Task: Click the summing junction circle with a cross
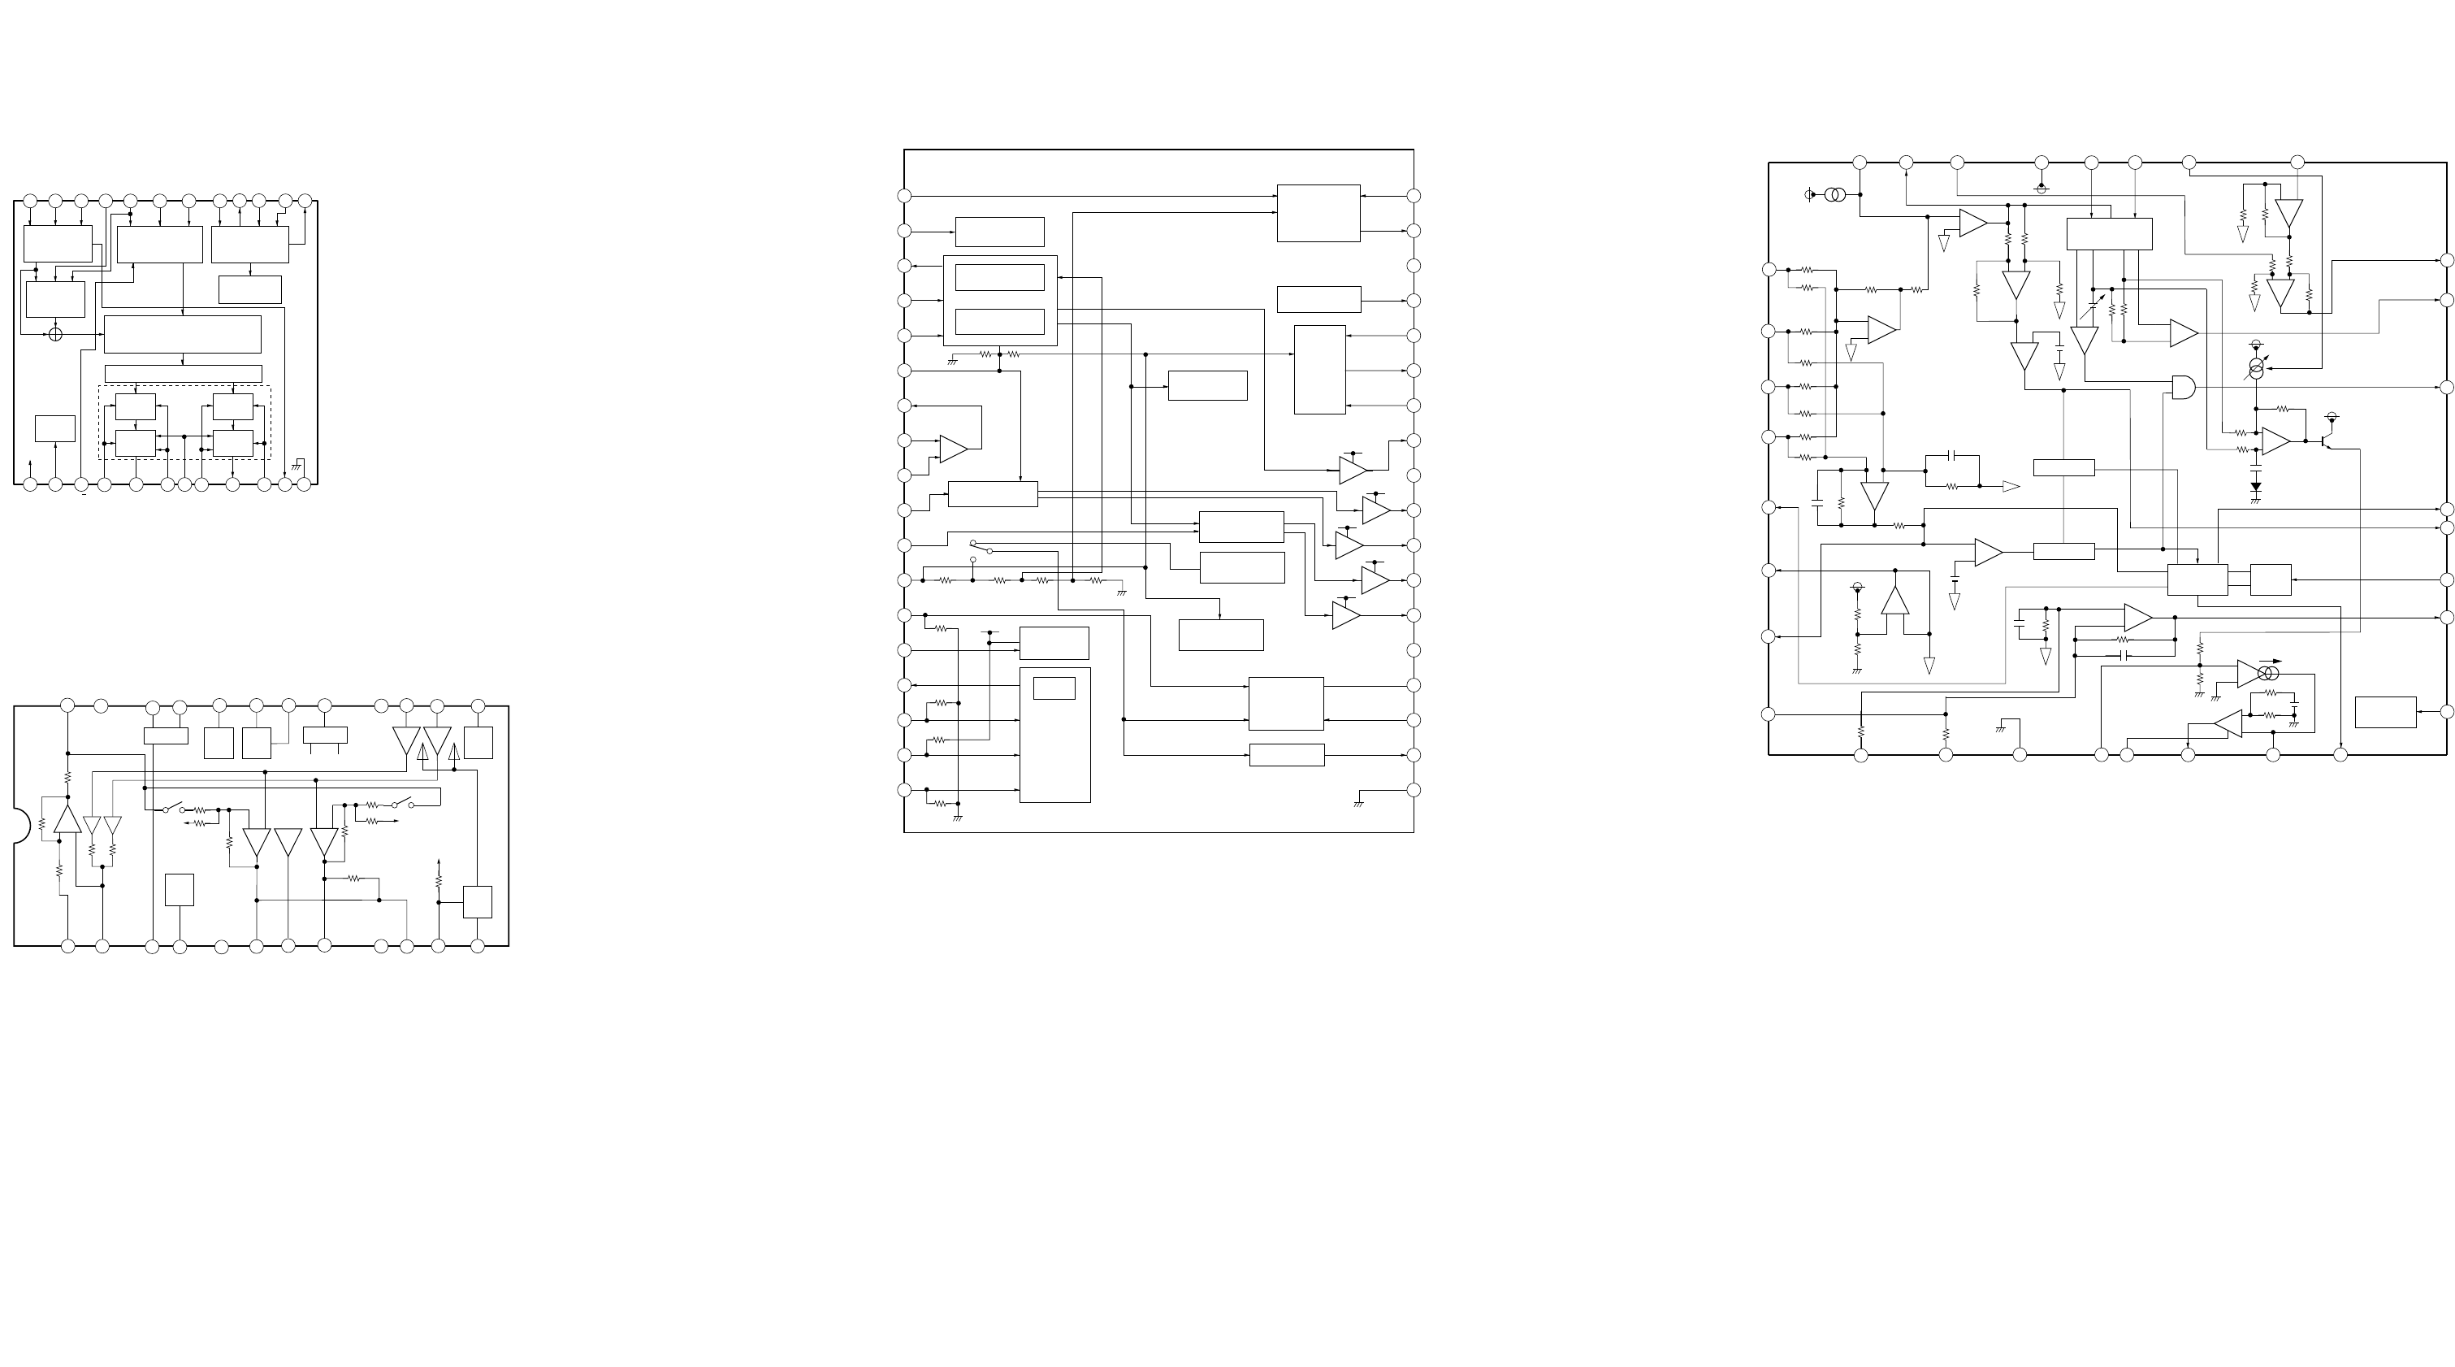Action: (55, 334)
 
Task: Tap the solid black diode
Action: (2256, 487)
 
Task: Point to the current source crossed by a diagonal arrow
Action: (2256, 368)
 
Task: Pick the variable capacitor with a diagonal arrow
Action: (2096, 307)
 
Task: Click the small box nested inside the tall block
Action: (1054, 688)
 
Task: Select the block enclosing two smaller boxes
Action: (1000, 300)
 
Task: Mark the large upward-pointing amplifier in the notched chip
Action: (67, 820)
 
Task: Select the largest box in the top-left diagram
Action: (182, 335)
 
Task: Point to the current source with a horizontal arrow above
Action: (2269, 674)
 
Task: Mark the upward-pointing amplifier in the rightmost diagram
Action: (1895, 600)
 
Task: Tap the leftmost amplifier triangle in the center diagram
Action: (953, 449)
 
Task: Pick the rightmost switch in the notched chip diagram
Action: (402, 804)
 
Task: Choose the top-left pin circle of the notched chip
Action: (67, 705)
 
